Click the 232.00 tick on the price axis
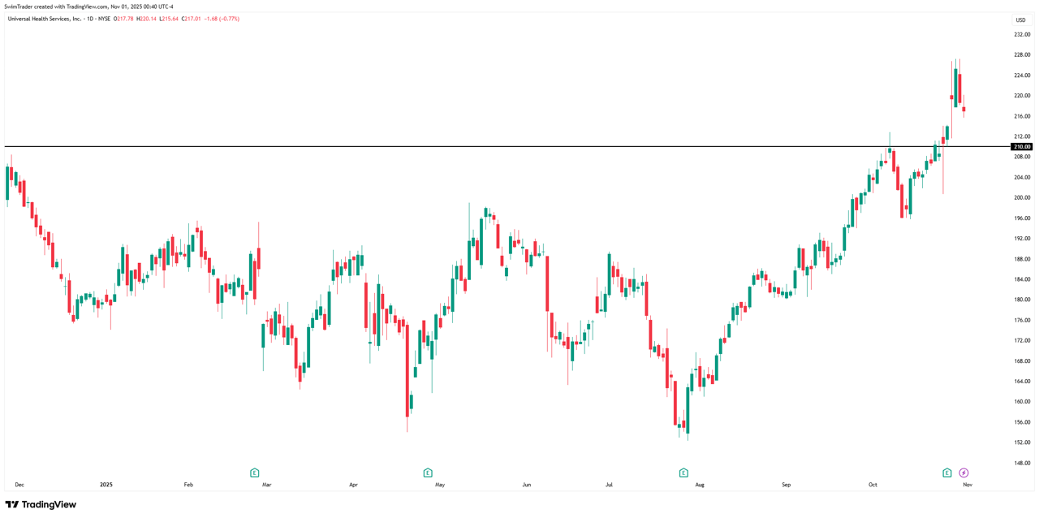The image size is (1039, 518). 1022,35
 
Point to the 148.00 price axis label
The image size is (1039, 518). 1022,463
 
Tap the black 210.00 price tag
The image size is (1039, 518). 1021,147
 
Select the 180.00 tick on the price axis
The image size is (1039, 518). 1022,300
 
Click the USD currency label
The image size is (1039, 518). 1020,20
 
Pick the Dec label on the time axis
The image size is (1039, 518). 19,485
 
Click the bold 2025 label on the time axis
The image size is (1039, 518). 106,485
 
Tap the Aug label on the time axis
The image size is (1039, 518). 700,485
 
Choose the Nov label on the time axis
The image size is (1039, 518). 968,485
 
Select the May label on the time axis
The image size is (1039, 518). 440,485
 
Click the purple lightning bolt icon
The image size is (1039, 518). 964,473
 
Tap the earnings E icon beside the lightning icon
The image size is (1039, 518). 946,473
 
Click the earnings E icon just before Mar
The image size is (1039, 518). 254,473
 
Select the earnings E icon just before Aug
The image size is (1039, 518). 683,473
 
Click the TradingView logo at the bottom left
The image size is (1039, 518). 41,504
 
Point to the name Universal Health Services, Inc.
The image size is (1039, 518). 45,19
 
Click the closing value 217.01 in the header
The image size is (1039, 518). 192,19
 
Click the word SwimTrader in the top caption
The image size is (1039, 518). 19,6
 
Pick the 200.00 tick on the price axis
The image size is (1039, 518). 1022,197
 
